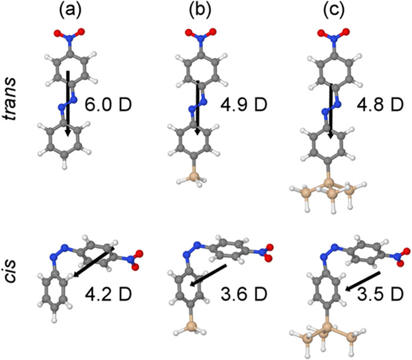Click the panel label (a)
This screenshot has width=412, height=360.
pos(71,11)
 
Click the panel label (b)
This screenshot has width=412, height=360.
pos(200,11)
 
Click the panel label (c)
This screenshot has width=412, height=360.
pos(334,11)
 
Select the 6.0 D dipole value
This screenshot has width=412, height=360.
pos(108,105)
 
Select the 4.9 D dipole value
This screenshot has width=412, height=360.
pos(244,105)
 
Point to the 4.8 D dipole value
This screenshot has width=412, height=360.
pos(380,105)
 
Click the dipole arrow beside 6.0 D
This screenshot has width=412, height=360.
pos(68,104)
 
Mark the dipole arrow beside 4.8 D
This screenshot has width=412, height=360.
pos(331,111)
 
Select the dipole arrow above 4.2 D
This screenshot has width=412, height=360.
pos(94,262)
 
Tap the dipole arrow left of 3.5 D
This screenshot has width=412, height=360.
pos(363,282)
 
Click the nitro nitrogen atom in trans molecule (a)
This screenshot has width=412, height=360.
pos(69,39)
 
